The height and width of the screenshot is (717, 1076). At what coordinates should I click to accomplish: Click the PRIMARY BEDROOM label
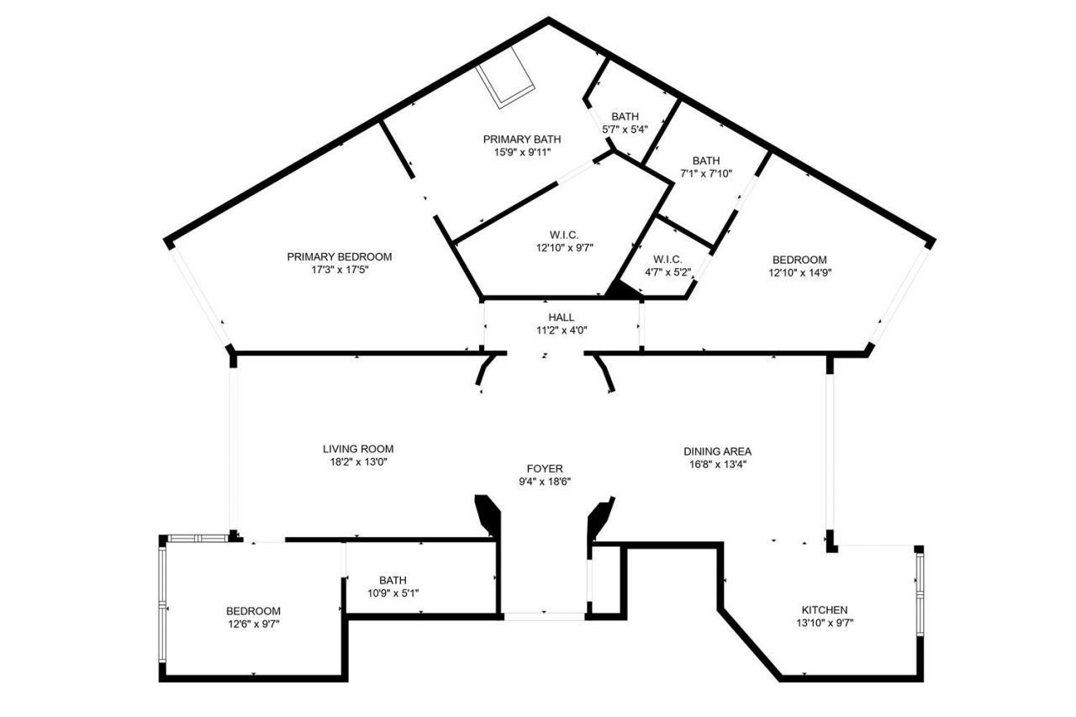coord(339,256)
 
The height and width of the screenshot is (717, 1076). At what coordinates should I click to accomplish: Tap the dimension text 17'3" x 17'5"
coord(339,271)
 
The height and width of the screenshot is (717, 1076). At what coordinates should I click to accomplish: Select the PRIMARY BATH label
coord(521,139)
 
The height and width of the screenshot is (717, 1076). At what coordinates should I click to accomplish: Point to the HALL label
coord(561,317)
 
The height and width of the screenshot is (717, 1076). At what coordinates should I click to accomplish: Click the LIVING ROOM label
coord(358,449)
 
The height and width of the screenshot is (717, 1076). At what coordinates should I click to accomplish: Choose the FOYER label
coord(545,468)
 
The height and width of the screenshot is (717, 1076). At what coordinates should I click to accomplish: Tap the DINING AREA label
coord(717,451)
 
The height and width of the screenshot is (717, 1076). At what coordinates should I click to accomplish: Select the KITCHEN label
coord(824,609)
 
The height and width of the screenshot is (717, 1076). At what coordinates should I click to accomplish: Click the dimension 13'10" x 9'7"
coord(824,623)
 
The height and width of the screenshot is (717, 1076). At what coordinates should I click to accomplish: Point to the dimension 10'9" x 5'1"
coord(393,593)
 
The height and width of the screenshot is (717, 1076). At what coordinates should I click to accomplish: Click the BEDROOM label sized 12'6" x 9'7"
coord(253,610)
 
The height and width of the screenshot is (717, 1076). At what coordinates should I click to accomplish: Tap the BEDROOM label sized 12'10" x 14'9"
coord(799,260)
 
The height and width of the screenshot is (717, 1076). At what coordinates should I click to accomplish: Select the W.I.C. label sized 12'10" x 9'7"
coord(565,234)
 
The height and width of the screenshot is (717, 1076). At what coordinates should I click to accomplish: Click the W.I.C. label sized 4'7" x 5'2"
coord(667,259)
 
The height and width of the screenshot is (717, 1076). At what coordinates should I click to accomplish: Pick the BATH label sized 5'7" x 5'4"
coord(625,116)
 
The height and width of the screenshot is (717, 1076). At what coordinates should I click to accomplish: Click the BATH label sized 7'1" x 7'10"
coord(705,161)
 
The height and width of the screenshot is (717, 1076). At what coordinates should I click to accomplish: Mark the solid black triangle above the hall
coord(621,290)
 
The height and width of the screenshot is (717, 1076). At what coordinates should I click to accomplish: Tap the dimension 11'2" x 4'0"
coord(561,330)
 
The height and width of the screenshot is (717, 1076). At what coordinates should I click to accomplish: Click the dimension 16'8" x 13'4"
coord(717,465)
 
